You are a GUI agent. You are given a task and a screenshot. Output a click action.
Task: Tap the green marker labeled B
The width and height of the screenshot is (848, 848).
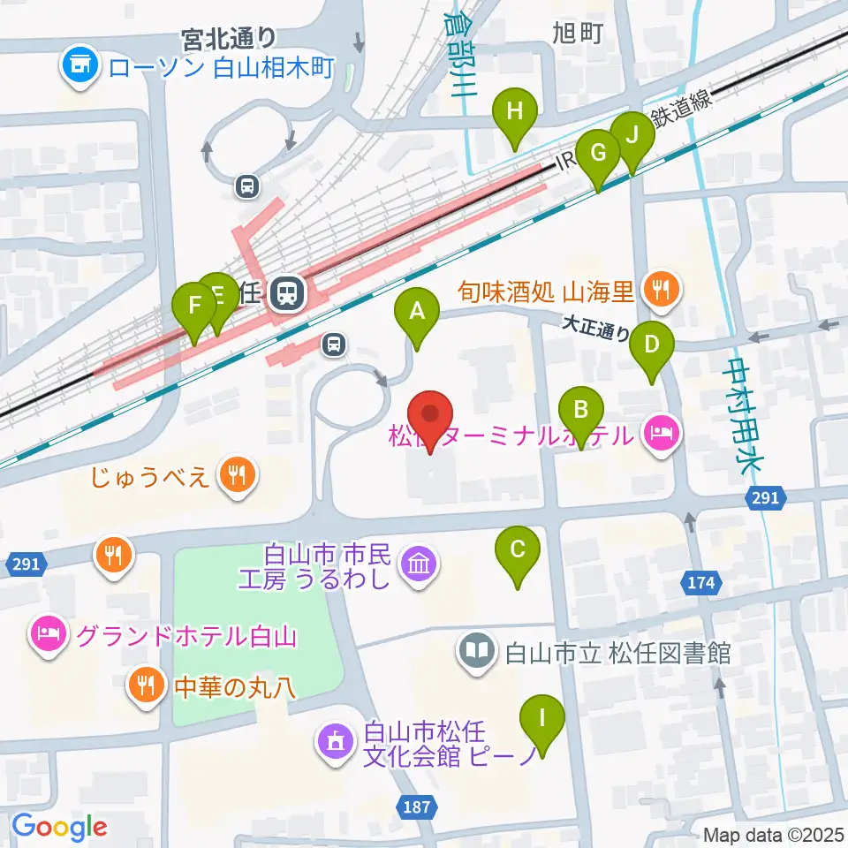[x=581, y=411]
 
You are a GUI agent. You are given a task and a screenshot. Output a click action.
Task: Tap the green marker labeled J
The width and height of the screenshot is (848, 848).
[x=632, y=137]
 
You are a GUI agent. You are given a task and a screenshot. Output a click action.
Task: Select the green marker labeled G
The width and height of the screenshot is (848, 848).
[x=598, y=154]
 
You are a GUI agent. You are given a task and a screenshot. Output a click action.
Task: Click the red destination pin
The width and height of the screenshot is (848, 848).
[x=430, y=415]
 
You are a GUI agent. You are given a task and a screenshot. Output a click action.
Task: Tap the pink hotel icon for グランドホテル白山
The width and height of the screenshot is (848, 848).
[x=47, y=635]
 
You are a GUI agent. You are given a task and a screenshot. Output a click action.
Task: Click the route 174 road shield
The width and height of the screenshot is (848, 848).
[x=702, y=582]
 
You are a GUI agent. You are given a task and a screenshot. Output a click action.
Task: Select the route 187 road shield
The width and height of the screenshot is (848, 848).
[x=418, y=806]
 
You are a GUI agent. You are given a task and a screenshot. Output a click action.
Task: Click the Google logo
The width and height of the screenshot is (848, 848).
[x=59, y=827]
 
